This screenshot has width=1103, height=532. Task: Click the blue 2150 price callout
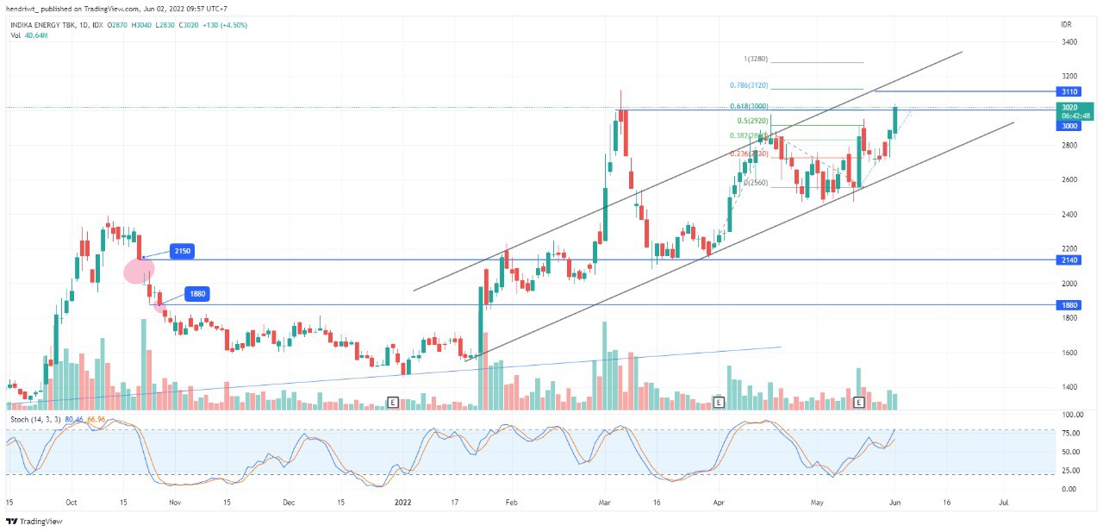pyautogui.click(x=182, y=251)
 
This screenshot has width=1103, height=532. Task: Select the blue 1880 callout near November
pyautogui.click(x=197, y=294)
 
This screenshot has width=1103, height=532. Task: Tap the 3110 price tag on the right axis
pyautogui.click(x=1069, y=91)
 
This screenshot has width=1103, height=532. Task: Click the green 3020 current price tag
pyautogui.click(x=1075, y=111)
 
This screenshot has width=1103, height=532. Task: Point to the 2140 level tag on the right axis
pyautogui.click(x=1069, y=260)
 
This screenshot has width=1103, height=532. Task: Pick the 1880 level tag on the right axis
pyautogui.click(x=1069, y=305)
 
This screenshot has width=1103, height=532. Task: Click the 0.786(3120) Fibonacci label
pyautogui.click(x=748, y=85)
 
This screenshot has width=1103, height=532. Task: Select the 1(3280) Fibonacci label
pyautogui.click(x=755, y=59)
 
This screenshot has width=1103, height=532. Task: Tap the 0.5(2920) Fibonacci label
pyautogui.click(x=752, y=121)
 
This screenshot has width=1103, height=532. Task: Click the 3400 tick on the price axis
pyautogui.click(x=1069, y=41)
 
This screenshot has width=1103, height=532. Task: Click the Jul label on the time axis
pyautogui.click(x=1003, y=501)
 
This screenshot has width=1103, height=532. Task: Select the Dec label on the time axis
pyautogui.click(x=289, y=501)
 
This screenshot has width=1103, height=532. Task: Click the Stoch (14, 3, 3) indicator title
pyautogui.click(x=34, y=420)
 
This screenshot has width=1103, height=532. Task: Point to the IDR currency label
pyautogui.click(x=1066, y=25)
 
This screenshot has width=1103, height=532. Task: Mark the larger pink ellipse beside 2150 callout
pyautogui.click(x=139, y=271)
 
